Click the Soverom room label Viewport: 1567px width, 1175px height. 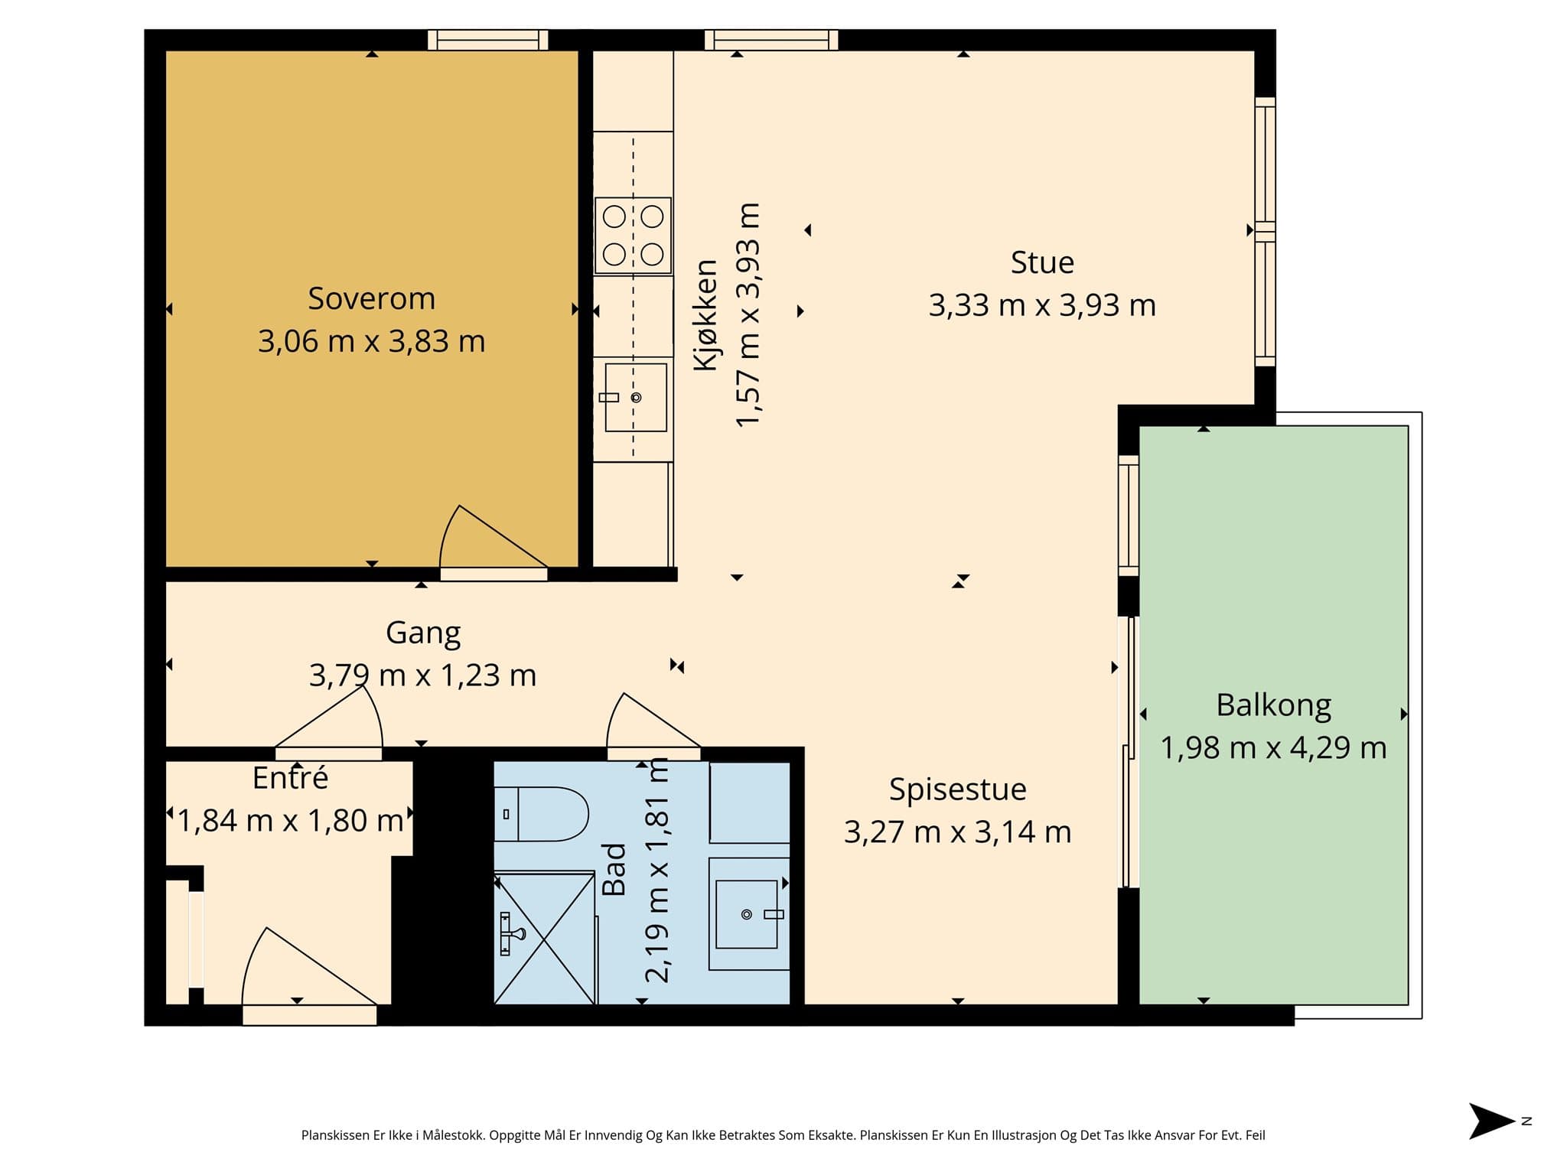pos(371,298)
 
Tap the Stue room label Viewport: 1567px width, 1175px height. pos(1042,262)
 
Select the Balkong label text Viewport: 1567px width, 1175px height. pos(1273,705)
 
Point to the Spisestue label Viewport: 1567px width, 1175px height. pos(957,789)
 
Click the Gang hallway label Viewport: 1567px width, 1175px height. pos(423,633)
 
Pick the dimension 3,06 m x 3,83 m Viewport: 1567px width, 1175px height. pos(371,341)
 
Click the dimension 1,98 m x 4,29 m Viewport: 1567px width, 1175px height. pos(1273,747)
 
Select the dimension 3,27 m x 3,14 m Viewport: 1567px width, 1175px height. pos(957,832)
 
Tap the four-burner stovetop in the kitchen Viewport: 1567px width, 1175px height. pos(633,236)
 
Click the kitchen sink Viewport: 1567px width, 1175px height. pos(636,397)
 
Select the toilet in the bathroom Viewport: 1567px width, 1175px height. pos(541,814)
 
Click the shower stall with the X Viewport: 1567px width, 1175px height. pos(544,938)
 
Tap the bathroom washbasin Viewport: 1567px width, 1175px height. pos(748,914)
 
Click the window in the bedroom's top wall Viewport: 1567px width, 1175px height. pos(488,40)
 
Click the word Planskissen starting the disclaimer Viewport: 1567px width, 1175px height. pos(335,1135)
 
